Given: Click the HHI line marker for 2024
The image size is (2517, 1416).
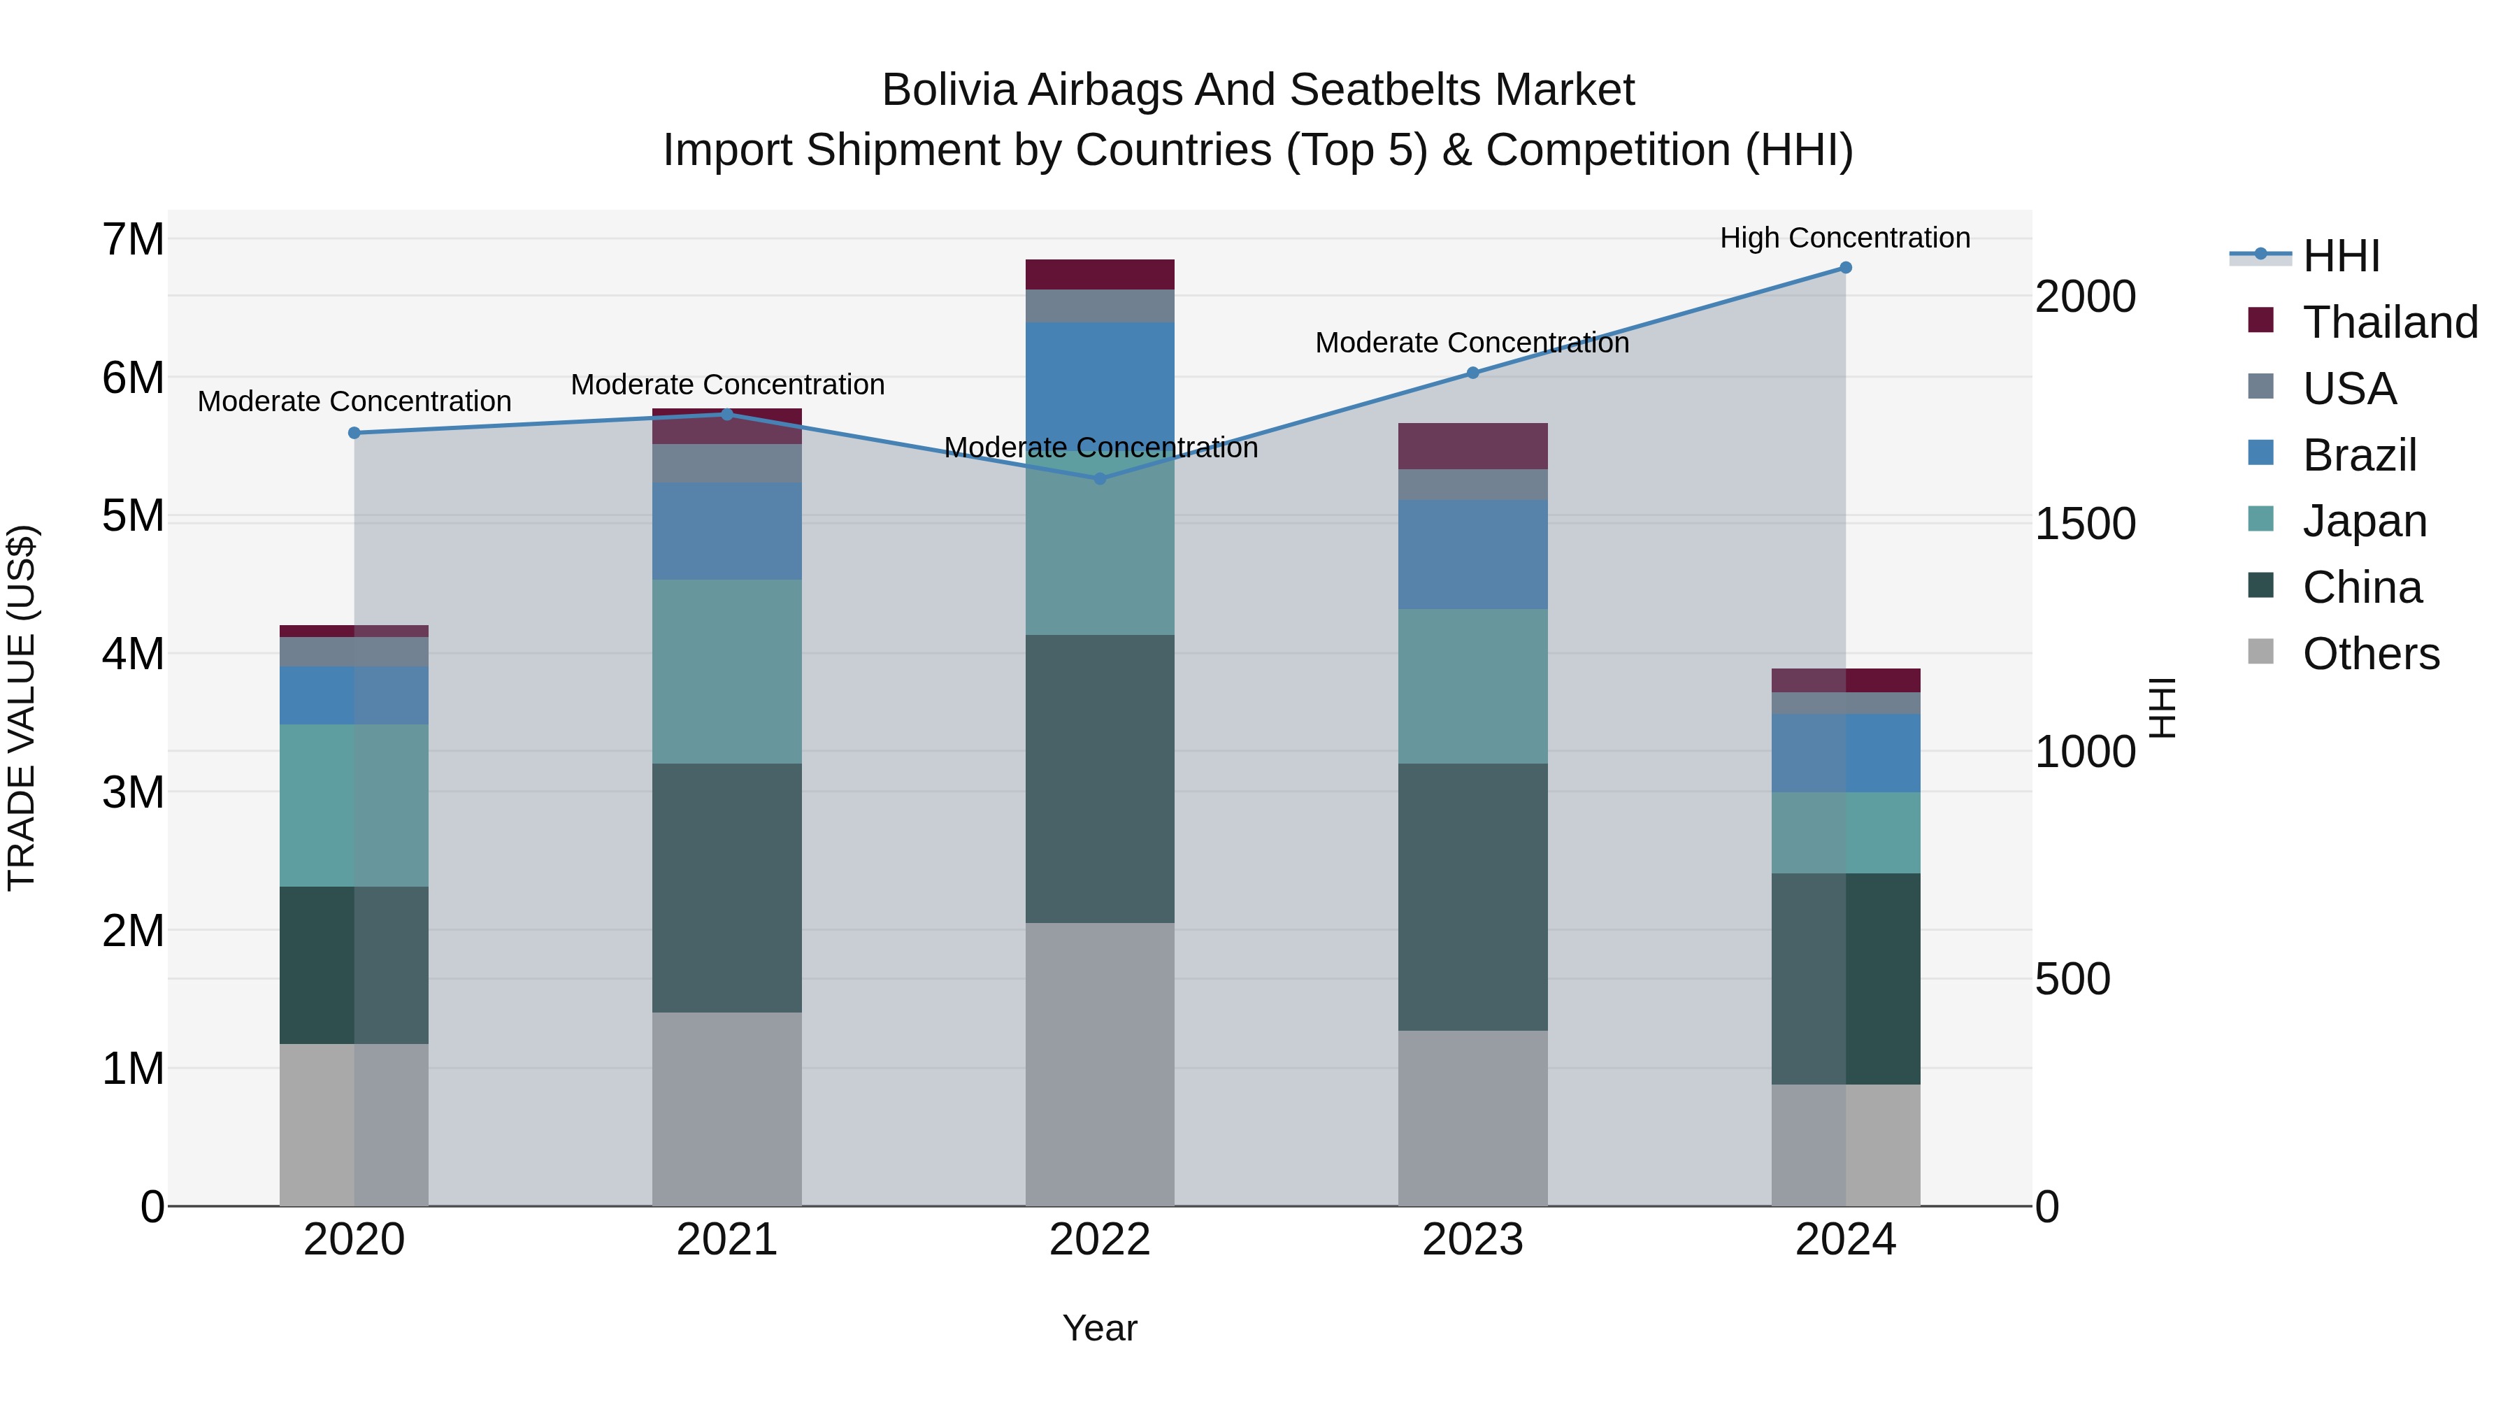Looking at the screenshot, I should point(1845,268).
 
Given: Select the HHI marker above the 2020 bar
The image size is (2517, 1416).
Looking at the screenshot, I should point(354,433).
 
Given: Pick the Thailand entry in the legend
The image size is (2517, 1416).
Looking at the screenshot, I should point(2389,322).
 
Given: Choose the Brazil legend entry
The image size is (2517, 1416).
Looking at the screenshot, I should point(2359,455).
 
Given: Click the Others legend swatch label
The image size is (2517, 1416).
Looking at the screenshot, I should point(2370,654).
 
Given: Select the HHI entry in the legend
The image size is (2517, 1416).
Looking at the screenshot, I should point(2340,256).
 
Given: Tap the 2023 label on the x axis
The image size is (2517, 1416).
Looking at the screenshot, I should point(1472,1239).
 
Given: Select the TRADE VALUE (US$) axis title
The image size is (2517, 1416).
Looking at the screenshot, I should point(22,708).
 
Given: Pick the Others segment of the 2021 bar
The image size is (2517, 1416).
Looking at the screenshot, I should point(727,1108).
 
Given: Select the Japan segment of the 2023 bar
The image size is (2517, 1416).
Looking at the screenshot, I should point(1472,686).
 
